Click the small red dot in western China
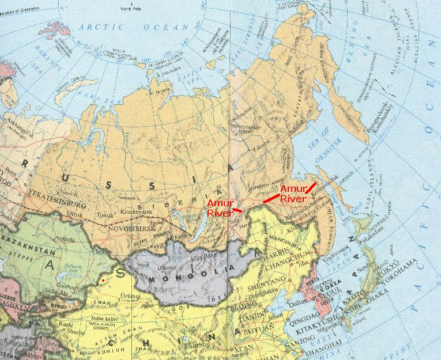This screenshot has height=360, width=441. pos(103,280)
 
